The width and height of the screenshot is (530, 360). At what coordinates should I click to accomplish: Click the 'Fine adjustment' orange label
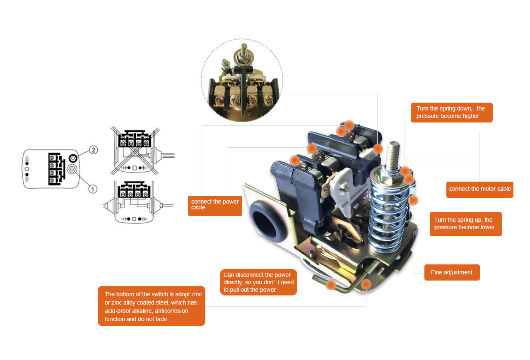(x=452, y=272)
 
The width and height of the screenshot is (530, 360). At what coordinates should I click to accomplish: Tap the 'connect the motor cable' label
(x=480, y=189)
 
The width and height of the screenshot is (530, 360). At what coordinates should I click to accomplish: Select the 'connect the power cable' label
(x=215, y=206)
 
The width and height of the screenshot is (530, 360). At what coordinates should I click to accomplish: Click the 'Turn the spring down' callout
(x=451, y=113)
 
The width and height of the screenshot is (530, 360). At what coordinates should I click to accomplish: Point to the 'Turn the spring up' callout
(x=466, y=224)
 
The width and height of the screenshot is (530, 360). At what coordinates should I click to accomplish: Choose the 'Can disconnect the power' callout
(x=258, y=282)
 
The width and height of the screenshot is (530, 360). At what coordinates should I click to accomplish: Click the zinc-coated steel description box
(x=152, y=306)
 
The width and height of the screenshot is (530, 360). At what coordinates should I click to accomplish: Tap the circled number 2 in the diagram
(x=94, y=150)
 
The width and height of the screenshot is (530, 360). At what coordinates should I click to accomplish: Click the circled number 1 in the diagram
(x=93, y=189)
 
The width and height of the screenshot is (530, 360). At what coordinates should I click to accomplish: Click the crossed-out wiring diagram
(x=135, y=151)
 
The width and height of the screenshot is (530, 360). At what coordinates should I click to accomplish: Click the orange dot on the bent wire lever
(x=330, y=285)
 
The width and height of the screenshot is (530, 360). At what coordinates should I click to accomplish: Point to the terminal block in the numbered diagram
(x=57, y=169)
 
